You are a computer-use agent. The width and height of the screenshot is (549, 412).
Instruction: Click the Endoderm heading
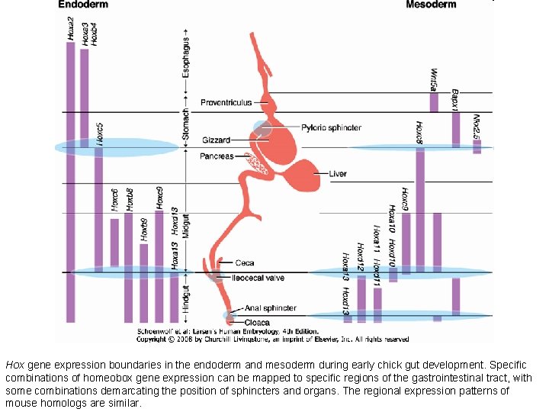(83, 5)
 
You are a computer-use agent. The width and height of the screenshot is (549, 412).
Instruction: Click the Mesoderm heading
(431, 5)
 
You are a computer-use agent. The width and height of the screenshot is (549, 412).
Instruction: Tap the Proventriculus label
(226, 103)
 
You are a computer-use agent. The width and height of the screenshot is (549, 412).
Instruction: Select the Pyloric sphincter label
(331, 127)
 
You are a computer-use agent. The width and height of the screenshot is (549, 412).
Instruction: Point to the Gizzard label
(216, 140)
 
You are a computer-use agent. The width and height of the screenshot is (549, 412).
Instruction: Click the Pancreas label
(217, 156)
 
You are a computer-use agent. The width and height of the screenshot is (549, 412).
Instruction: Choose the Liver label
(338, 174)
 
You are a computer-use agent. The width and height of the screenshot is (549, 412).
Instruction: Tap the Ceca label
(245, 263)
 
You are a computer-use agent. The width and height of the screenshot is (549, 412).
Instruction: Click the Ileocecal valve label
(258, 278)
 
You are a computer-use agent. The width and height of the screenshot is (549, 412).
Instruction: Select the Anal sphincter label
(270, 308)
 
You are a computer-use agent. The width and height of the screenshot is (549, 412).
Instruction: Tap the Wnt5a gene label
(433, 79)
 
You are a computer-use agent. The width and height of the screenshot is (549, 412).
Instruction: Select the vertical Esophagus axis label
(186, 57)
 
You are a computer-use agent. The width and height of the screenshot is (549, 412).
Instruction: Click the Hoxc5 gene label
(99, 134)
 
